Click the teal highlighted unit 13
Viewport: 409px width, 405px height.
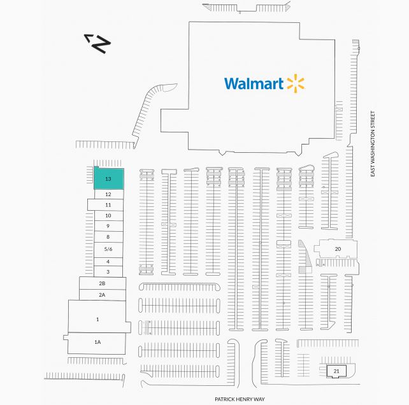tap(108, 179)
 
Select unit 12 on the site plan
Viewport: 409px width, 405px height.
tap(108, 194)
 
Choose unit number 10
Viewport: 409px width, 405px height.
tap(108, 216)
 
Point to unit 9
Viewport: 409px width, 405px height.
tap(108, 226)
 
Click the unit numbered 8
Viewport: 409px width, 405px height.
tap(108, 237)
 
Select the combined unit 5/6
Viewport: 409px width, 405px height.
tap(108, 249)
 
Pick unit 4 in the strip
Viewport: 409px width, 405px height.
tap(108, 261)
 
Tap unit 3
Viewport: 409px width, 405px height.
tap(108, 272)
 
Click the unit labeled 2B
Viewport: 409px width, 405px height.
tap(102, 283)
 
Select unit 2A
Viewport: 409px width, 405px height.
tap(102, 295)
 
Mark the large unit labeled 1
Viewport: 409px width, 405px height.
tap(97, 318)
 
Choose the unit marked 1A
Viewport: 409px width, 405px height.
tap(97, 343)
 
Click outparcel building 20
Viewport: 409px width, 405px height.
tap(336, 249)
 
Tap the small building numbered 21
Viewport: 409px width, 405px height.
tap(335, 371)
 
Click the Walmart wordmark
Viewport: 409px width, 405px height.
tap(254, 83)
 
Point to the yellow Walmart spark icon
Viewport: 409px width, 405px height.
tap(296, 83)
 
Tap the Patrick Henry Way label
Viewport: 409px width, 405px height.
tap(239, 399)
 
